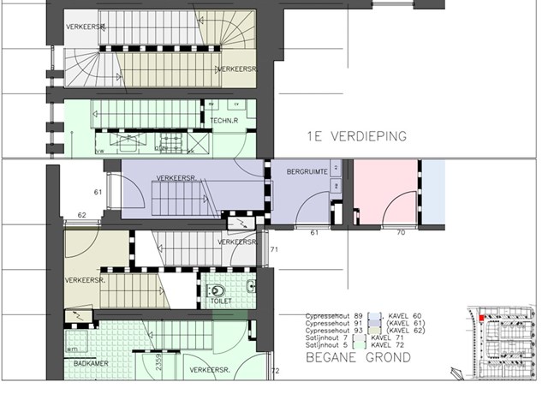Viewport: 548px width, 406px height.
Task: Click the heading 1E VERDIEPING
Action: click(356, 136)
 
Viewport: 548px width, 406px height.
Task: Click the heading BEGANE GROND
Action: click(358, 357)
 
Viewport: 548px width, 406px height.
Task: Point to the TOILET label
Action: click(221, 302)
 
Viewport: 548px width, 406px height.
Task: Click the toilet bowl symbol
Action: click(217, 289)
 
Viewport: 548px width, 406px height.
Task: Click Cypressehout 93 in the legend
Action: click(333, 330)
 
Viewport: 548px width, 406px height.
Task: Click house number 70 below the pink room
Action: click(400, 232)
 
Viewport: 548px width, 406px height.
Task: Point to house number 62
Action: click(83, 215)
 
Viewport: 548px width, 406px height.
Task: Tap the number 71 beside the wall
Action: click(275, 249)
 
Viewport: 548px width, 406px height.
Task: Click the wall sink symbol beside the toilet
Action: click(250, 285)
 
